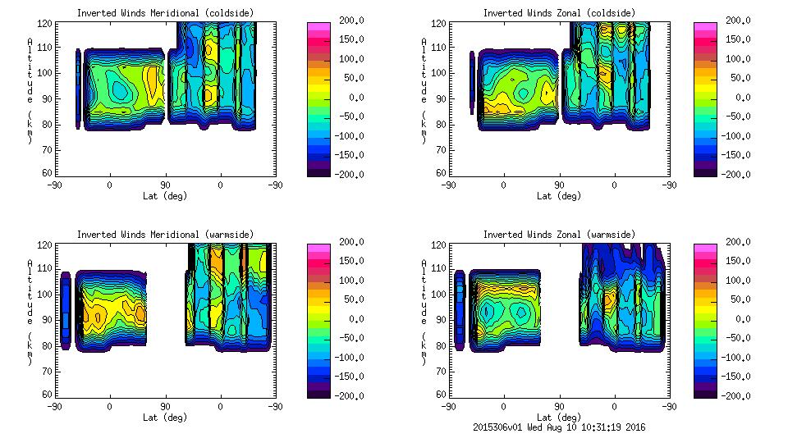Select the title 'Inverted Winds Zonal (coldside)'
[x=559, y=13]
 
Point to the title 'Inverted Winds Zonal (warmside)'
[x=559, y=235]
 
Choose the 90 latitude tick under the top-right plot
[x=559, y=185]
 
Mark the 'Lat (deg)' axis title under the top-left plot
[x=164, y=196]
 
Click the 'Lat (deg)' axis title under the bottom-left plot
[x=164, y=418]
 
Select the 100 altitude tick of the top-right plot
[x=433, y=73]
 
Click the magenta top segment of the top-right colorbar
[x=703, y=27]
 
